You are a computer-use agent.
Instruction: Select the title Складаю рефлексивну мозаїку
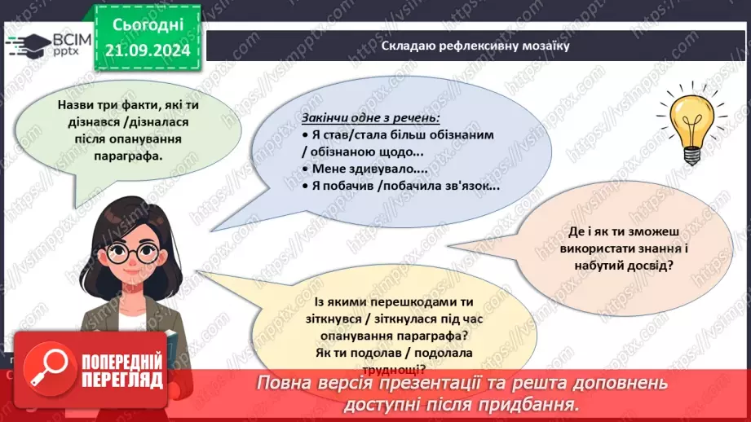point(475,46)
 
